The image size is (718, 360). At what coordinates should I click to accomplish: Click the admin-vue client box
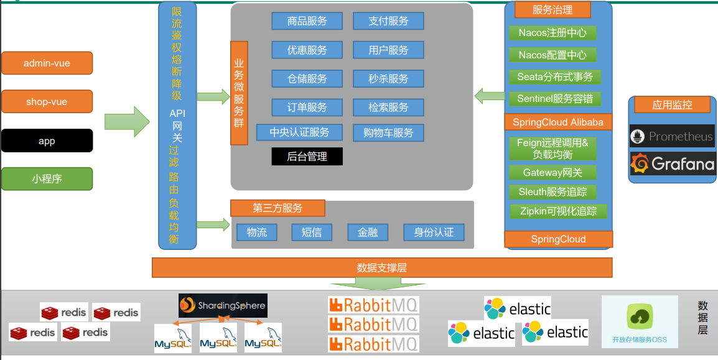(x=47, y=63)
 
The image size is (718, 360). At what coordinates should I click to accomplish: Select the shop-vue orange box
(x=47, y=102)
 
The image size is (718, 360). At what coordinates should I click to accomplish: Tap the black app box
(x=47, y=141)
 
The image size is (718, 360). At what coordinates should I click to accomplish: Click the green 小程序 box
(x=47, y=179)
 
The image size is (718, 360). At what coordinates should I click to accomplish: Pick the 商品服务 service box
(x=307, y=21)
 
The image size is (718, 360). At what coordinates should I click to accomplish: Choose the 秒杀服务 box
(x=388, y=78)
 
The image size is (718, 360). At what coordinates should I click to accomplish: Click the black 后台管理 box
(x=307, y=156)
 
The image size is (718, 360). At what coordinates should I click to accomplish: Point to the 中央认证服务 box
(x=299, y=132)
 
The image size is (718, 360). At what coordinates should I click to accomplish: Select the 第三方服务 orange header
(x=277, y=208)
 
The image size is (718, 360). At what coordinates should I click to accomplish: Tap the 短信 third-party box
(x=312, y=233)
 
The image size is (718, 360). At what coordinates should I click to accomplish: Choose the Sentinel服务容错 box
(x=555, y=99)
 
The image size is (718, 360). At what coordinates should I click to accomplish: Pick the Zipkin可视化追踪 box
(x=558, y=211)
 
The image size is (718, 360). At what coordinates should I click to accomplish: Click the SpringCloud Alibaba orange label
(x=558, y=122)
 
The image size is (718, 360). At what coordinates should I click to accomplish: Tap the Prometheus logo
(x=672, y=136)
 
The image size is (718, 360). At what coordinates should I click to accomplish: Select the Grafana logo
(x=672, y=164)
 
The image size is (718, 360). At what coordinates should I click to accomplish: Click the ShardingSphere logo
(x=223, y=305)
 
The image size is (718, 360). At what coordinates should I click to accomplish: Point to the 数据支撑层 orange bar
(x=382, y=268)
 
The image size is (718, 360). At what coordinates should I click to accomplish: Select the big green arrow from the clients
(x=127, y=121)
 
